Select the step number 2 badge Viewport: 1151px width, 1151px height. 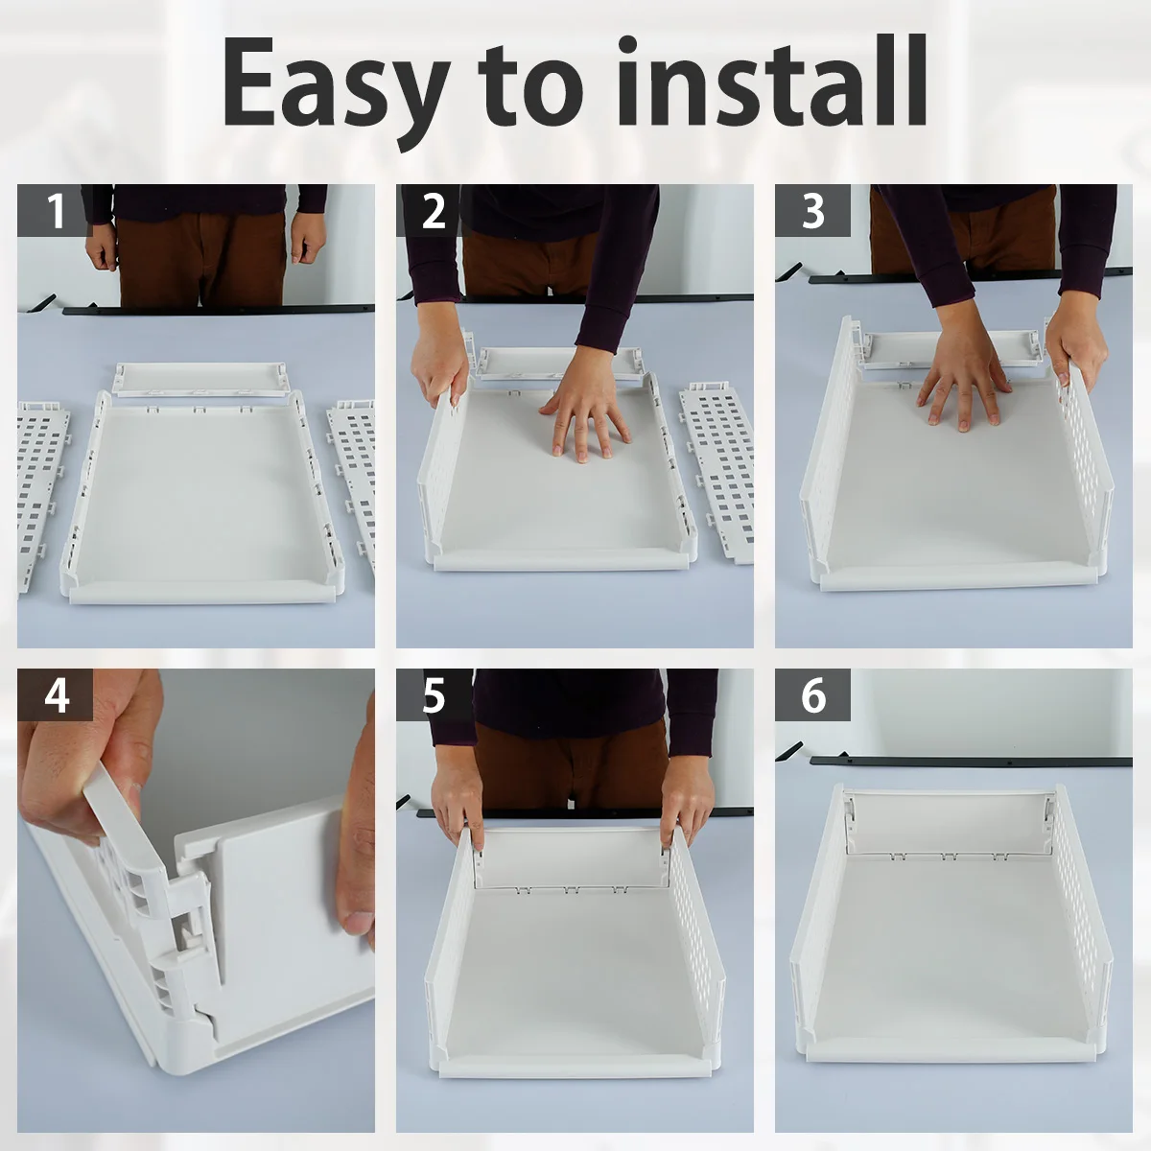click(433, 210)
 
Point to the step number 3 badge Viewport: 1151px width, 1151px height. click(812, 210)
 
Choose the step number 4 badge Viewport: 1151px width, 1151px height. click(55, 694)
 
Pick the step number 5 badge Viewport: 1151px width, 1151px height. click(434, 694)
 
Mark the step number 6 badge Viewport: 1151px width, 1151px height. click(813, 694)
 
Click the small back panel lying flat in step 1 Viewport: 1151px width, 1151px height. click(201, 379)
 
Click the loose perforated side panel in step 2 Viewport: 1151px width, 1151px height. click(716, 472)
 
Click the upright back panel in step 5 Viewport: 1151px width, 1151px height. click(574, 858)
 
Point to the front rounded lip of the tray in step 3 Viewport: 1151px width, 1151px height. click(959, 578)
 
